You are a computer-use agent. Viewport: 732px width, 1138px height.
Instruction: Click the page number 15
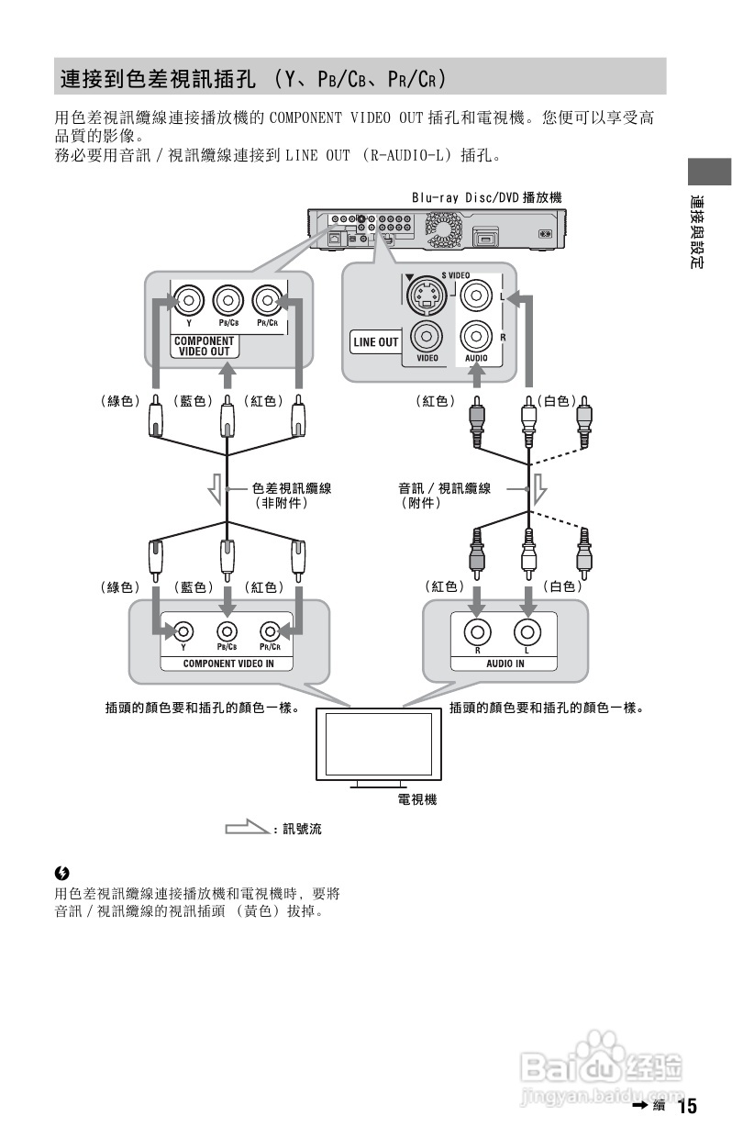(x=687, y=1106)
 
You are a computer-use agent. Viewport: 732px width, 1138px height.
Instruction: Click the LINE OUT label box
(x=376, y=341)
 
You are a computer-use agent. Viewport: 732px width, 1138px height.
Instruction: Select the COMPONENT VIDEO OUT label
(x=203, y=346)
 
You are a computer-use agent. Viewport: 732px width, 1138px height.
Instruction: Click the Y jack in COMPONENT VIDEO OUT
(x=188, y=300)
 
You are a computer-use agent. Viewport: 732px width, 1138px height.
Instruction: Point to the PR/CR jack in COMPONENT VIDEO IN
(x=269, y=630)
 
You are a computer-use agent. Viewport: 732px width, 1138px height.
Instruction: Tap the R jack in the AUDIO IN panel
(x=478, y=631)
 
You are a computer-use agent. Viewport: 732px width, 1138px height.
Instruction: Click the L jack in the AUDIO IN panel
(x=528, y=631)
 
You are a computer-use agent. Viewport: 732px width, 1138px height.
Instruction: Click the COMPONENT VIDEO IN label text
(x=228, y=663)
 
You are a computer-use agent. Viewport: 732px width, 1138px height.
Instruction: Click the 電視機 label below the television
(x=416, y=799)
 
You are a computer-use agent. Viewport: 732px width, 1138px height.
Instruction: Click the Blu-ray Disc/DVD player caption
(x=485, y=197)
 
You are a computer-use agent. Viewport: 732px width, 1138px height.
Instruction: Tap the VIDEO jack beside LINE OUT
(x=427, y=336)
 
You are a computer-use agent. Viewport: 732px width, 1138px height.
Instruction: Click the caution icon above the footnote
(x=61, y=872)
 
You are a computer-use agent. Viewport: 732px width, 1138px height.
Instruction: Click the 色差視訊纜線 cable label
(x=292, y=489)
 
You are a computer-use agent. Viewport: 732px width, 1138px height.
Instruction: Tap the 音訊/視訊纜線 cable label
(x=444, y=489)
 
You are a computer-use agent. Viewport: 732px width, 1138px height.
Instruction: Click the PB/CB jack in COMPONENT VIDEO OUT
(x=227, y=300)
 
